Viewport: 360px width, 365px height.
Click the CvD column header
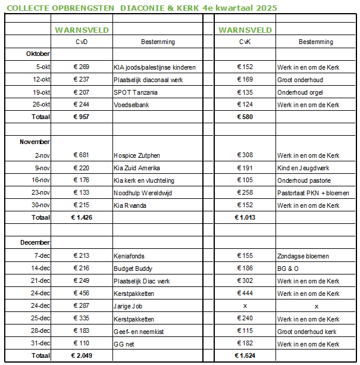click(82, 42)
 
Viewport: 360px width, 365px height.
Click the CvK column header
click(245, 42)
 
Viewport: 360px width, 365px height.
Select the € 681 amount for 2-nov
click(80, 155)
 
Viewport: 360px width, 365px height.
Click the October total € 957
click(80, 117)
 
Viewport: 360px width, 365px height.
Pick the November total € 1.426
click(81, 218)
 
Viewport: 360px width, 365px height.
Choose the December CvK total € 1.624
click(245, 356)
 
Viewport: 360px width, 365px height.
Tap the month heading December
click(35, 243)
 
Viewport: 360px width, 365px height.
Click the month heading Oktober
click(38, 54)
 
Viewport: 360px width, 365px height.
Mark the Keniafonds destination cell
click(129, 256)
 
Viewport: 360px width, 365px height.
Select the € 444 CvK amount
click(245, 294)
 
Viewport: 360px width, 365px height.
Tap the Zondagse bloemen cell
click(303, 256)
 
